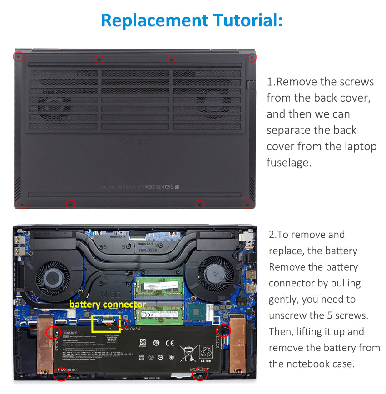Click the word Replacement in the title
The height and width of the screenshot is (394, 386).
point(153,20)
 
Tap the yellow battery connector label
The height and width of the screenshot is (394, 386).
point(108,305)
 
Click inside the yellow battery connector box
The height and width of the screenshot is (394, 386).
point(106,324)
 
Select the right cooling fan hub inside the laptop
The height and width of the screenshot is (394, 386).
point(218,275)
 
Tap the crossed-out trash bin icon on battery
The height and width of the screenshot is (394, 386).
point(188,353)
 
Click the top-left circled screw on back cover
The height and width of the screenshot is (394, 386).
point(18,57)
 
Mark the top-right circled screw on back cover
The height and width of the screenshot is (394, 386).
point(252,58)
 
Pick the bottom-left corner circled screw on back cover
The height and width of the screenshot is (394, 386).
point(21,205)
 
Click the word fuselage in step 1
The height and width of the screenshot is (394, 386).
point(289,163)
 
